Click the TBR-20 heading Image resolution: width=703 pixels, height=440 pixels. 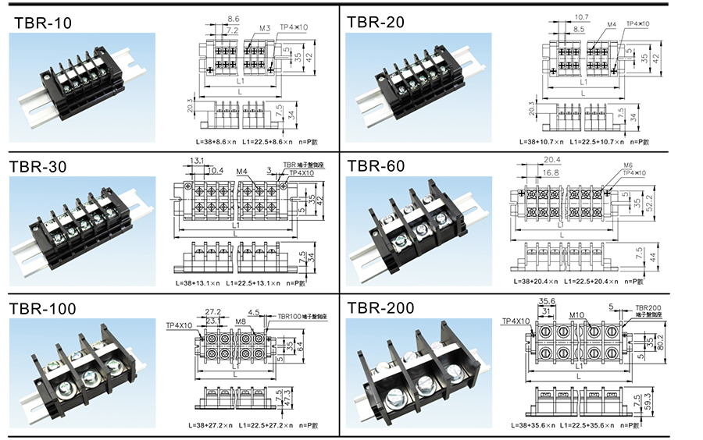point(376,22)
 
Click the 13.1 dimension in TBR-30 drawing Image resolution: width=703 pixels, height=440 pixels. point(197,160)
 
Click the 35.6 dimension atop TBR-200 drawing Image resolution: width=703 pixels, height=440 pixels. point(547,300)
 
